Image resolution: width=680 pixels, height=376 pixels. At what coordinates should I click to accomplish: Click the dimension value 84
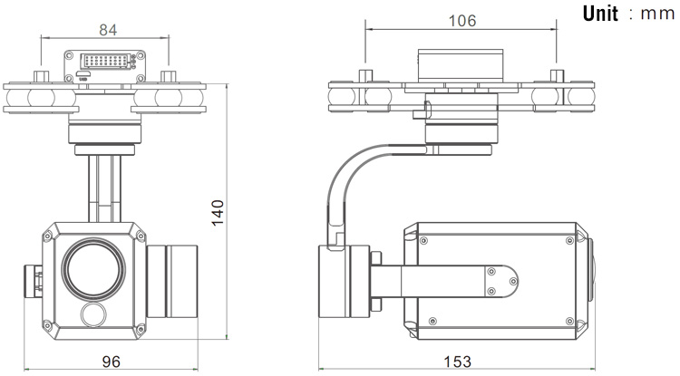(108, 30)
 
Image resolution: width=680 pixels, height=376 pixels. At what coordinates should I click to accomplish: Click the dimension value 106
(461, 20)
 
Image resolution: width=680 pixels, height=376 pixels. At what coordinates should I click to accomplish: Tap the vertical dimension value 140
(218, 212)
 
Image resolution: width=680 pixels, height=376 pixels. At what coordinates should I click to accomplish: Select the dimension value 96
(111, 362)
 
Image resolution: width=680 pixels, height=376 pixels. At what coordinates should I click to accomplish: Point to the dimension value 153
(458, 362)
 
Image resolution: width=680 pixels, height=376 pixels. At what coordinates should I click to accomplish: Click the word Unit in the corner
(600, 14)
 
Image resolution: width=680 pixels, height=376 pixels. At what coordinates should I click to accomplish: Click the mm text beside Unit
(657, 14)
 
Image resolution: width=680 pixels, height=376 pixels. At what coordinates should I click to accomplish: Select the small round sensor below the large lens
(93, 315)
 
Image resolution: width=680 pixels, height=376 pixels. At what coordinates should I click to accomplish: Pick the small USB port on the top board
(83, 75)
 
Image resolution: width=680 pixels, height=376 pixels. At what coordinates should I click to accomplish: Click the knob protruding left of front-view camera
(33, 280)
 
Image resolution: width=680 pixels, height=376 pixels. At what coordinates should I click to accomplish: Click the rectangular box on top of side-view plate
(460, 65)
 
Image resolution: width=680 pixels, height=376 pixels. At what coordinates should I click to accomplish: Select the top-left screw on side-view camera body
(423, 240)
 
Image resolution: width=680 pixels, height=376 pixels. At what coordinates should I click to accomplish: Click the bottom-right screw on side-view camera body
(569, 321)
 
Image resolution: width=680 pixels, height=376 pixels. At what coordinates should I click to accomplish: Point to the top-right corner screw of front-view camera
(140, 236)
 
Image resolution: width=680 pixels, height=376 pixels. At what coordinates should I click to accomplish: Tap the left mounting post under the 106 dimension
(365, 75)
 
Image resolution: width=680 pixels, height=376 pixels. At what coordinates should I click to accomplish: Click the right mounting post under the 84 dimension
(168, 77)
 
